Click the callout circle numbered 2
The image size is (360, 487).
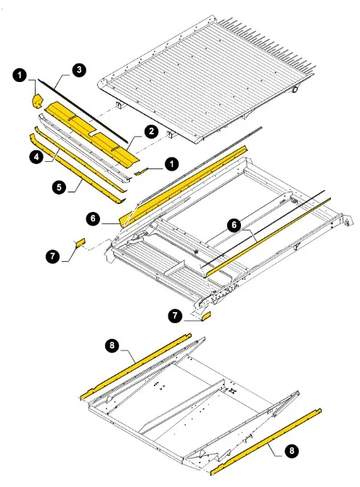coord(151,131)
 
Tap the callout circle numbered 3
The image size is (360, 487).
coord(79,70)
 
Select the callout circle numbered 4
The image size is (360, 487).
coord(36,157)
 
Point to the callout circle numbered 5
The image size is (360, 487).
coord(59,187)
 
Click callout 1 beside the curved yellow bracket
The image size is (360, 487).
coord(20,75)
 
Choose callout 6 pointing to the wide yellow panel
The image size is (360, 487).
coord(94,218)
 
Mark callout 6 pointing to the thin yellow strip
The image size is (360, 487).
coord(234,225)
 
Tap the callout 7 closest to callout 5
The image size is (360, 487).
coord(53,256)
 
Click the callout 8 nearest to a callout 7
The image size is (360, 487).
coord(112,345)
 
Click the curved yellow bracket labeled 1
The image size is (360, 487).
coord(38,102)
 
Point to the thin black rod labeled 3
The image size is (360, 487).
coord(83,110)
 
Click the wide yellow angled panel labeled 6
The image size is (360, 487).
coord(183,186)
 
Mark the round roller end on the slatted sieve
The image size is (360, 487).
coord(295,89)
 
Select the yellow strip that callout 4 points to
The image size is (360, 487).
coord(81,159)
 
